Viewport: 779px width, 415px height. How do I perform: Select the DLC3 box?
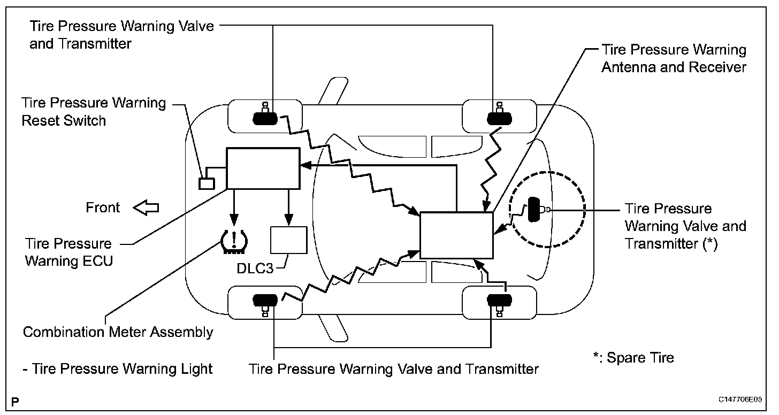click(x=289, y=240)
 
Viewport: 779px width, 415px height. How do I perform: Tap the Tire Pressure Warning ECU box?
click(x=263, y=168)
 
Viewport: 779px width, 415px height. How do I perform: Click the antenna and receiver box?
click(x=456, y=235)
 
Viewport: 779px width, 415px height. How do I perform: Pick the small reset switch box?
click(x=207, y=183)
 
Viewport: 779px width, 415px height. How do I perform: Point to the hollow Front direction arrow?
click(x=146, y=207)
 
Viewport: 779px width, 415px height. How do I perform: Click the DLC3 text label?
click(x=255, y=267)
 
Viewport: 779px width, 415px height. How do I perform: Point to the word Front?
click(x=103, y=207)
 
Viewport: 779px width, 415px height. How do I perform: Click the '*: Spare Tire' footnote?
click(x=633, y=357)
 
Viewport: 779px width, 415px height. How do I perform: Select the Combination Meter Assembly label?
click(x=118, y=332)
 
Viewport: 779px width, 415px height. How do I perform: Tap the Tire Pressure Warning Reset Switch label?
click(x=94, y=111)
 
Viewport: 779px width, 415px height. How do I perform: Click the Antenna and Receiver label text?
click(x=674, y=59)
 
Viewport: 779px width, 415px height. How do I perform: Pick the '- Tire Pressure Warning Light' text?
click(x=118, y=368)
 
